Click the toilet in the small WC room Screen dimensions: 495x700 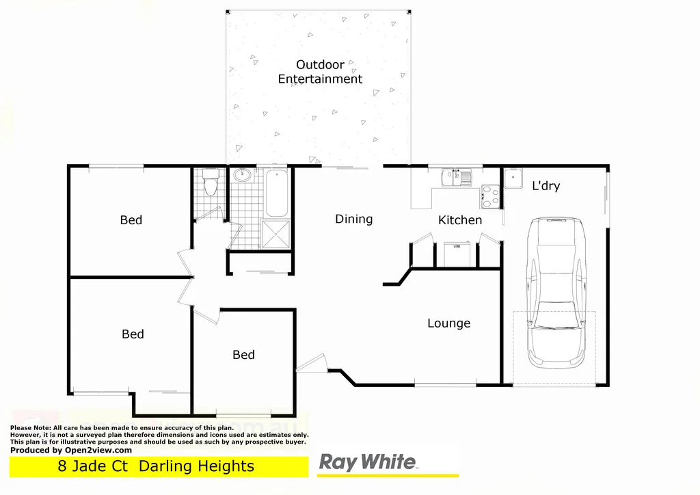coord(211,183)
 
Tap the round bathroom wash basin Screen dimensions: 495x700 coord(241,176)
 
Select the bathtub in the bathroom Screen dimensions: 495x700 coord(276,192)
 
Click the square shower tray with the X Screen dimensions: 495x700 coord(276,234)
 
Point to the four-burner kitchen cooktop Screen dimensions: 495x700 coord(490,197)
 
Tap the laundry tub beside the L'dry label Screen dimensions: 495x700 coord(513,180)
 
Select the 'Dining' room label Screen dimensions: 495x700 coord(353,219)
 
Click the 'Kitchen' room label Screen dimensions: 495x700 coord(460,220)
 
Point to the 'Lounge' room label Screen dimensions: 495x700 coord(448,323)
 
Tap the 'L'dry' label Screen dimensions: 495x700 coord(546,186)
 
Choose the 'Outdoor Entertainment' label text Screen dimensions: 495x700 coord(320,72)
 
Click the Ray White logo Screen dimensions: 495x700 coord(368,463)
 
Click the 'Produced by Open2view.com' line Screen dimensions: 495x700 coord(71,450)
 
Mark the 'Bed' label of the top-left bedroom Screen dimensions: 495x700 coord(131,220)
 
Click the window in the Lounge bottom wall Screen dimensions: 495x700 coord(445,386)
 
